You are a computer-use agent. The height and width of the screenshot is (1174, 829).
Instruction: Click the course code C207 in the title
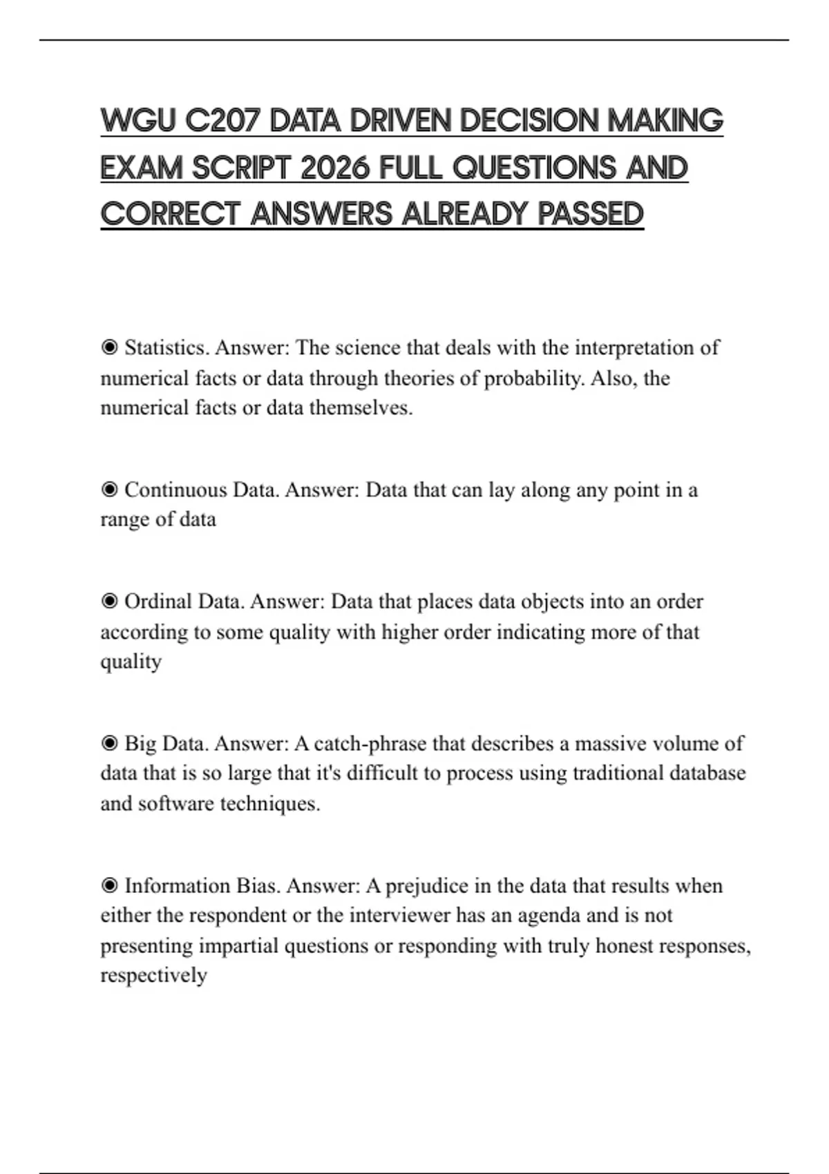223,121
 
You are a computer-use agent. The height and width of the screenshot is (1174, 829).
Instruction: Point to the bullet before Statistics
109,347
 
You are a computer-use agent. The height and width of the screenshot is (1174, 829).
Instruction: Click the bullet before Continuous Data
109,490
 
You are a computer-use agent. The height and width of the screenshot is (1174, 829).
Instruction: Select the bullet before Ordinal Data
109,602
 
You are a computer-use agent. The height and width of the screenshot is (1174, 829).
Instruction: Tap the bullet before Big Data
109,744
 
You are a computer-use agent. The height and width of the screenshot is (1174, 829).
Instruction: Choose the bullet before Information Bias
109,886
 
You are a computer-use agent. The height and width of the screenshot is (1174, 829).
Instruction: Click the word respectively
153,975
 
